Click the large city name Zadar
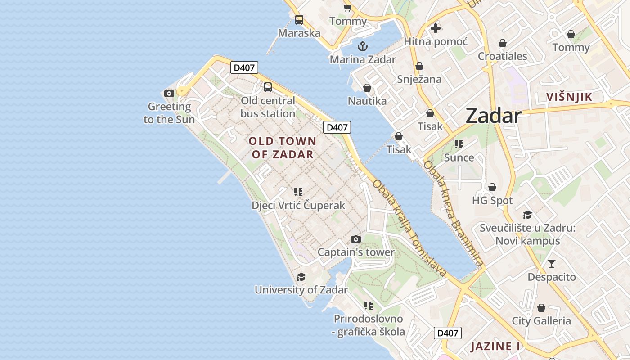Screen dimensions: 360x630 494,116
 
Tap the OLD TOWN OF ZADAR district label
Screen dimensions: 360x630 283,148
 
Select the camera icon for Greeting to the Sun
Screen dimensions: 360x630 169,94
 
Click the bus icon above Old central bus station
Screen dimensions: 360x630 268,87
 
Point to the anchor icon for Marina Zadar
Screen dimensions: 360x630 363,46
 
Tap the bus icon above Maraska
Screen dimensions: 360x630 299,20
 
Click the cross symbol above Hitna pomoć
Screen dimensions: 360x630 436,28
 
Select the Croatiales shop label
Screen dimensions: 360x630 502,56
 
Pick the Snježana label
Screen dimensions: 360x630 419,79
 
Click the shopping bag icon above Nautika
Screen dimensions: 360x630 367,88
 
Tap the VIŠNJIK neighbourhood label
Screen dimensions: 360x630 569,97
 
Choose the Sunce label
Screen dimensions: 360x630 459,157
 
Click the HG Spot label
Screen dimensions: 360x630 492,200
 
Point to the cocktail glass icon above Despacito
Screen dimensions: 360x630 552,264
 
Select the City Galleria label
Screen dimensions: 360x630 541,321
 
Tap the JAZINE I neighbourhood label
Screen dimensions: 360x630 495,346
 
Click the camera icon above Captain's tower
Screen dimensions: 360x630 356,239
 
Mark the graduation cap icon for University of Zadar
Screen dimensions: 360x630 301,277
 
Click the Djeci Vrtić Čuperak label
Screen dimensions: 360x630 298,205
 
